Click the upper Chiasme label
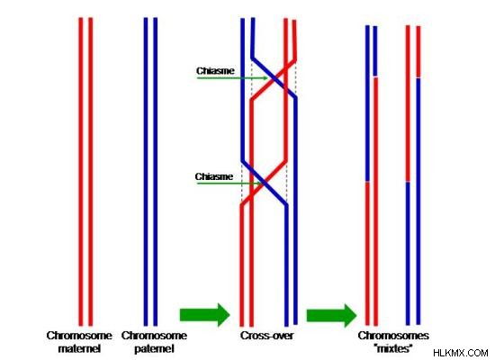coord(215,71)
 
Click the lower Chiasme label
coord(214,176)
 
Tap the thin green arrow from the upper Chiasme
coord(232,77)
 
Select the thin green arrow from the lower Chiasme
coord(229,183)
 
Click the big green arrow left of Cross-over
coord(205,314)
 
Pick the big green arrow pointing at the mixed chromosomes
coord(331,315)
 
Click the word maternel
coord(79,348)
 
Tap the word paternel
coord(154,348)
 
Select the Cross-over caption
coord(266,336)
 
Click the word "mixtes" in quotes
coord(393,348)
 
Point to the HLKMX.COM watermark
coord(461,353)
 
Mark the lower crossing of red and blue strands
coord(265,183)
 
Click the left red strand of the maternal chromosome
coord(81,172)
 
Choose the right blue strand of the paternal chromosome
coord(156,172)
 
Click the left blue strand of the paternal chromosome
coord(146,172)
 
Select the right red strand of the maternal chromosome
coord(91,172)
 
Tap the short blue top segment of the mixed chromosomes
coord(375,51)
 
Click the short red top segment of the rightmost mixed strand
coord(418,51)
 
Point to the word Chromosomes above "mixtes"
coord(393,336)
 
